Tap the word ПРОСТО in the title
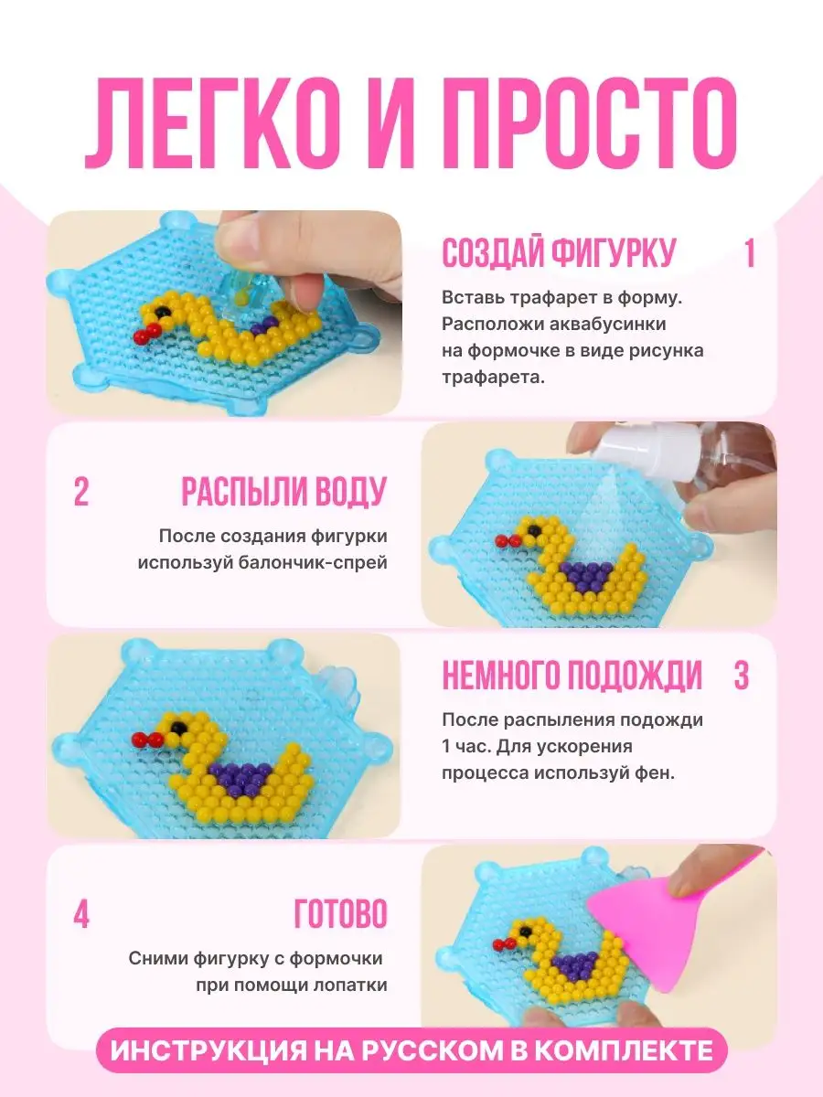(x=592, y=123)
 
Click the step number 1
(x=749, y=253)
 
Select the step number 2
(x=81, y=492)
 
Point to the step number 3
(x=741, y=676)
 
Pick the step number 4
(x=81, y=914)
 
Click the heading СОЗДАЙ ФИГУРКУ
(x=559, y=253)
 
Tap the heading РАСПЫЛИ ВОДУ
(x=283, y=492)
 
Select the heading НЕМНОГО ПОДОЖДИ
(x=572, y=676)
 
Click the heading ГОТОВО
(x=340, y=914)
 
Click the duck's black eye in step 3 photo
(x=178, y=727)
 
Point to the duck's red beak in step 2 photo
(x=508, y=540)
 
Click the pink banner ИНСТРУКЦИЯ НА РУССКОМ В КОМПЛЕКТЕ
(x=411, y=1050)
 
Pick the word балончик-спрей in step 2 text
(x=313, y=563)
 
